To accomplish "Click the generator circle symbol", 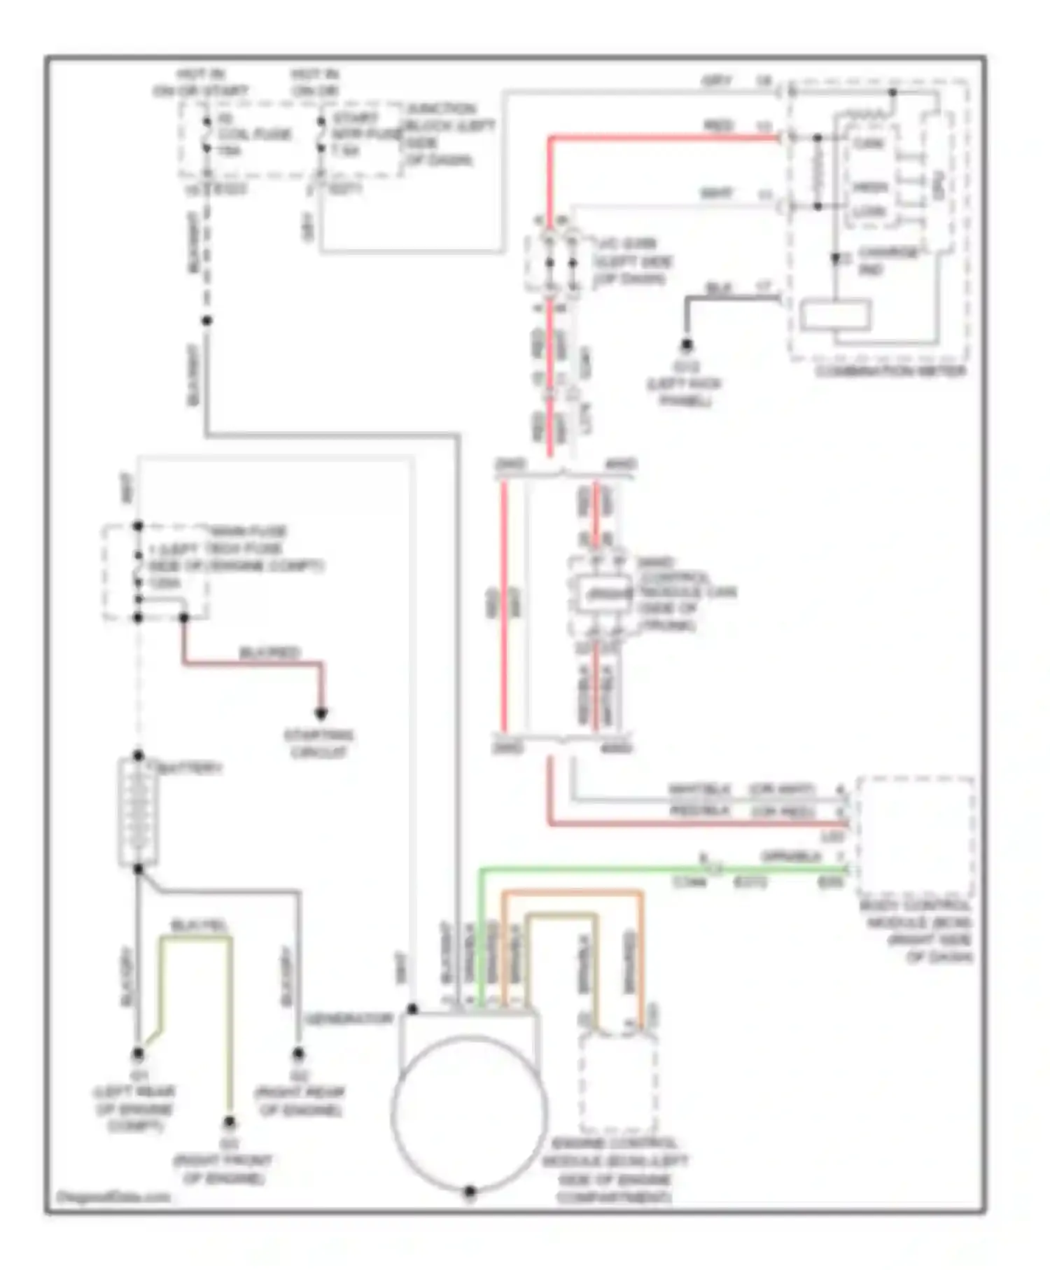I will click(470, 1112).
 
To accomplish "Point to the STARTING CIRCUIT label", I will click(318, 744).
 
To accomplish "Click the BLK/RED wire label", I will click(269, 653).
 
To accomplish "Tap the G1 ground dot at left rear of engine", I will click(139, 1054).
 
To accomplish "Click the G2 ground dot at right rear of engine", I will click(298, 1053).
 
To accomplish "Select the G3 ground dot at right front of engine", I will click(230, 1122).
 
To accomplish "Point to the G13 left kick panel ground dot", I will click(687, 344).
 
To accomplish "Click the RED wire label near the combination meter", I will click(718, 125).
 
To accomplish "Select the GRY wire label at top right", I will click(717, 82).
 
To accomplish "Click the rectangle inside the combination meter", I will click(836, 314).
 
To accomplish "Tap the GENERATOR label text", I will click(349, 1019).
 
